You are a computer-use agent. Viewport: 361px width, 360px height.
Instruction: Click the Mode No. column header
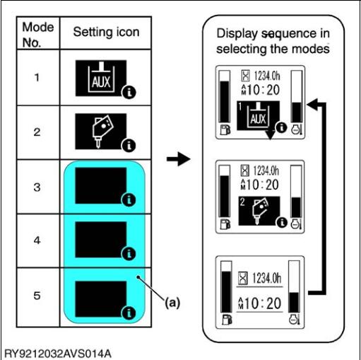coord(38,35)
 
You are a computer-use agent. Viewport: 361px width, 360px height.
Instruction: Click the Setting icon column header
coord(106,32)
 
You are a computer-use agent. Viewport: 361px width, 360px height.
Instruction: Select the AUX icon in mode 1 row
coord(101,78)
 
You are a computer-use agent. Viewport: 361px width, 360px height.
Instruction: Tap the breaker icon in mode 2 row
coord(101,132)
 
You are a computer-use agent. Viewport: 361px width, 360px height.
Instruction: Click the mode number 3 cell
coord(37,187)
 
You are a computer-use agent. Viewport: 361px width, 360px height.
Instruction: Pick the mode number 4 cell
coord(37,240)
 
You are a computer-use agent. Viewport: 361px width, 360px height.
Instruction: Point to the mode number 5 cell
coord(37,296)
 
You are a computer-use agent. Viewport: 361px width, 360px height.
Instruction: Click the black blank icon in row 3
coord(101,185)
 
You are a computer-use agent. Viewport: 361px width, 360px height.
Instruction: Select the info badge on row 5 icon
coord(129,313)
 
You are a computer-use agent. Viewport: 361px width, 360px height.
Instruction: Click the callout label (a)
coord(172,303)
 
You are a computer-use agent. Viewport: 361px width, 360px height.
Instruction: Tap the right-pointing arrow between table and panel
coord(178,159)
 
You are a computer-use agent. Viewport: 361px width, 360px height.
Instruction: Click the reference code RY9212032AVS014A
coord(58,354)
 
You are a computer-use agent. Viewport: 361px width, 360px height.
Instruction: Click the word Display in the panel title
coord(237,33)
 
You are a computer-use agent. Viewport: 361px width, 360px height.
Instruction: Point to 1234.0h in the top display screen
coord(267,76)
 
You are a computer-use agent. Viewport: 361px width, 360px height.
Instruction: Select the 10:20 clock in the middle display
coord(261,185)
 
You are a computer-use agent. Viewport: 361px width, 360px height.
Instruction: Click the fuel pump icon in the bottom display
coord(227,320)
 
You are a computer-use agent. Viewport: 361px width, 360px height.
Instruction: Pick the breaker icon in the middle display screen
coord(259,211)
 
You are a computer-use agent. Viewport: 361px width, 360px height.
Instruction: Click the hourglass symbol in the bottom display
coord(243,278)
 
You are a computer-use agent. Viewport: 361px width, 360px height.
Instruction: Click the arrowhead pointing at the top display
coord(312,104)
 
